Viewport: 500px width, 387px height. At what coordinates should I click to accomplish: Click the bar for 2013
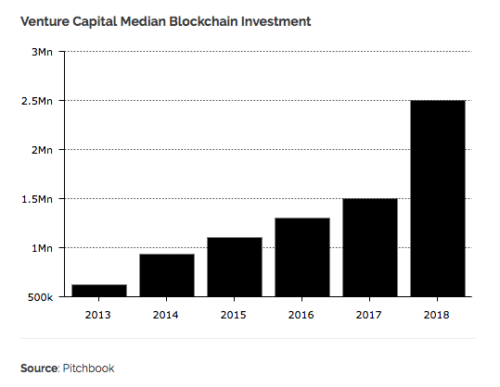pos(98,291)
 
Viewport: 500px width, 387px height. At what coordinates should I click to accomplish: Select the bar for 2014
pos(167,275)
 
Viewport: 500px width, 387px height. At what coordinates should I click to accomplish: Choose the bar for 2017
pos(370,247)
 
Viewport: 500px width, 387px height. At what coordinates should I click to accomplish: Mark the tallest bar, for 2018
pos(438,198)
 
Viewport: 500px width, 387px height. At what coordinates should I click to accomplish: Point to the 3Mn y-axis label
pos(43,52)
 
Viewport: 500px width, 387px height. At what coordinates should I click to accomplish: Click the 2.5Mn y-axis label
pos(37,101)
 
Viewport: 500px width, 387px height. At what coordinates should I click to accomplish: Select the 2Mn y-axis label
pos(43,150)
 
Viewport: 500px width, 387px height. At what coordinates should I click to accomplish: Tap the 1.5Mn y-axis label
pos(37,199)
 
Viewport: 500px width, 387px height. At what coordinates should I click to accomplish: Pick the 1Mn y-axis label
pos(43,248)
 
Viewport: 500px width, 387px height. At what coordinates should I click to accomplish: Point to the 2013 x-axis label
pos(98,314)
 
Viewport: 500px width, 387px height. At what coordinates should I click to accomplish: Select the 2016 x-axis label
pos(302,314)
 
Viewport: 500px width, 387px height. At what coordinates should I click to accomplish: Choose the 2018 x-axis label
pos(438,314)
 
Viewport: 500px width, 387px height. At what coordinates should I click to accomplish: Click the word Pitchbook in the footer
pos(90,368)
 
